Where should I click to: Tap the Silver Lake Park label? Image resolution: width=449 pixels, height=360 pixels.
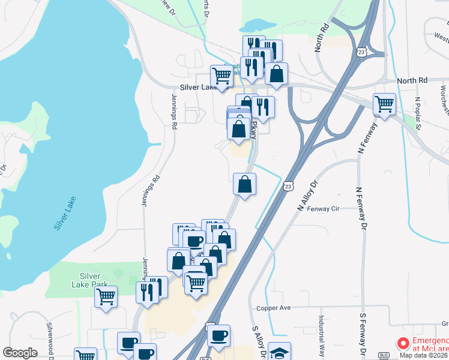[89, 280]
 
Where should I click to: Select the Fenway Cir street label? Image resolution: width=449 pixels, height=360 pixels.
[324, 209]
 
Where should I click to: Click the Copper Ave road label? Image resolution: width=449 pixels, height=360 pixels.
[273, 308]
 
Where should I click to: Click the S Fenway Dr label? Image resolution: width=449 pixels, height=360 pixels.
[362, 334]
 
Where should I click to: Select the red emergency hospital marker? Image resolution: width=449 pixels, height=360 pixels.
[403, 344]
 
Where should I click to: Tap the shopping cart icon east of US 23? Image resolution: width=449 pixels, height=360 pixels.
[384, 104]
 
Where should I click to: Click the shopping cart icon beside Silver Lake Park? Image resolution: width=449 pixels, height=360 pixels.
[106, 296]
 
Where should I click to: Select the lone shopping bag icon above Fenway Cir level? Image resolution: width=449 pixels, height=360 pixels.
[244, 184]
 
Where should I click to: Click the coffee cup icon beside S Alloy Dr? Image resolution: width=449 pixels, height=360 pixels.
[219, 335]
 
